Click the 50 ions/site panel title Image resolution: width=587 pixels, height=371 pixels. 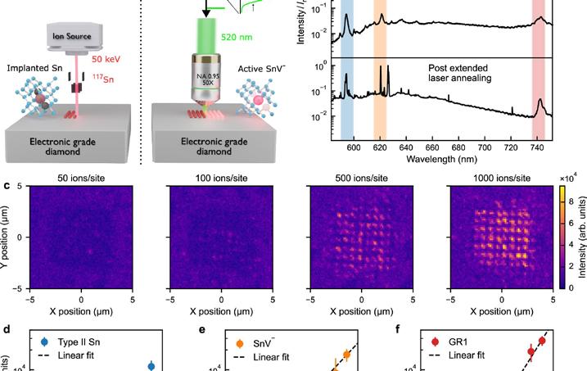(80, 177)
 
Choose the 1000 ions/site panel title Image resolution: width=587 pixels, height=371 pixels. (503, 177)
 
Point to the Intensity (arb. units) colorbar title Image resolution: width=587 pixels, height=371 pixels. (579, 238)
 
